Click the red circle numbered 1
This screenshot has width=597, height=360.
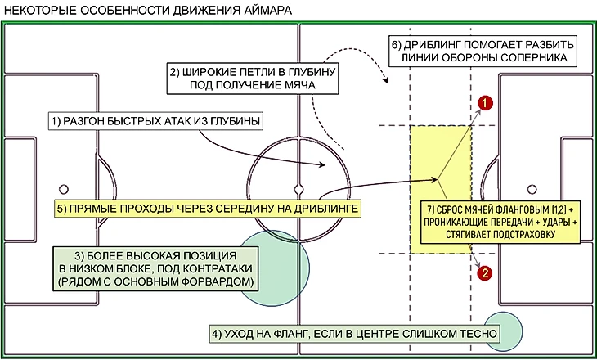click(485, 103)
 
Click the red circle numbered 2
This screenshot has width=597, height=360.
click(485, 273)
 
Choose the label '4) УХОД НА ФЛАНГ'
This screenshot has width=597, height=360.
click(353, 333)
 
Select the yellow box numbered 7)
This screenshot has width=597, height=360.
click(499, 221)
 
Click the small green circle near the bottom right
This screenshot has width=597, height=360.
click(503, 332)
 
